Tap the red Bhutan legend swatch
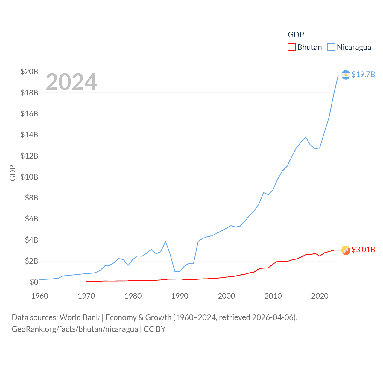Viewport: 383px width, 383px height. coord(291,47)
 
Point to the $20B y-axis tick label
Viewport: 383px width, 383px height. coord(29,72)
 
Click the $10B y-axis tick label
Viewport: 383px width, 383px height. coord(29,177)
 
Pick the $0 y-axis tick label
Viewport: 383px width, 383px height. coord(34,282)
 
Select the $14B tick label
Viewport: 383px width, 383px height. coord(29,135)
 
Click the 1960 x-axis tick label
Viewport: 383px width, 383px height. coord(39,296)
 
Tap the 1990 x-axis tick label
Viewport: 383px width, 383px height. coord(180,296)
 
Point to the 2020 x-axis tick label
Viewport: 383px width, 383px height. coord(320,296)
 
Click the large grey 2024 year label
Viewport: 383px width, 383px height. coord(71,82)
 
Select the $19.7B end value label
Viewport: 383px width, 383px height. coord(363,74)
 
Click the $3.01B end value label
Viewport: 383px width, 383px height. coord(363,250)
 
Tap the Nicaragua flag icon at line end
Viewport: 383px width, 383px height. coord(346,75)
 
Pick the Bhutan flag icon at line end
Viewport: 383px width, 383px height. coord(346,250)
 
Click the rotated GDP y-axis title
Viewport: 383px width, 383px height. coord(13,173)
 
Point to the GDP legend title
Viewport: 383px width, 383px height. coord(296,35)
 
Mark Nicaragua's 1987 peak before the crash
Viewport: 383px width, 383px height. coord(165,241)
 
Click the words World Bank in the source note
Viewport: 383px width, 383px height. coord(80,317)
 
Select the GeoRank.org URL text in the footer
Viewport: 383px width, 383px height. coord(75,329)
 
